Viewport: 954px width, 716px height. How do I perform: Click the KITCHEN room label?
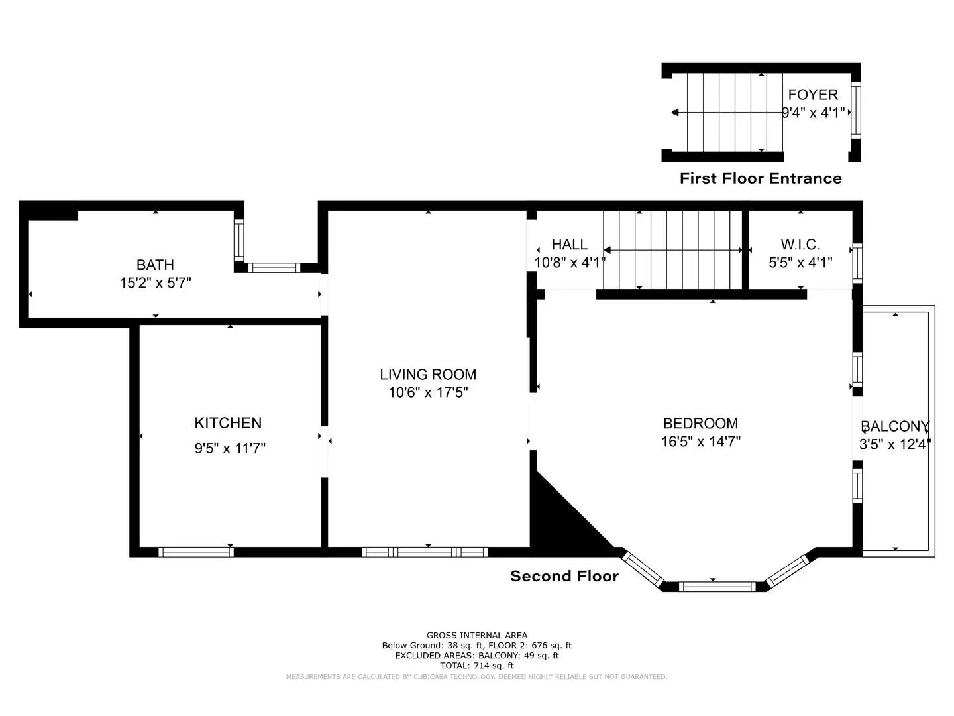pos(228,423)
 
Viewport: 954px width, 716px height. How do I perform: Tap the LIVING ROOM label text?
pos(428,375)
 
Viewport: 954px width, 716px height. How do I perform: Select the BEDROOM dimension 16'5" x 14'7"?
pos(700,442)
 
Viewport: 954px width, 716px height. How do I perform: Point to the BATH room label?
pos(155,265)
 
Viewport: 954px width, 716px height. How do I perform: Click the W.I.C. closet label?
pos(800,245)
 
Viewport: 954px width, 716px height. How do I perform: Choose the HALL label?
pos(569,245)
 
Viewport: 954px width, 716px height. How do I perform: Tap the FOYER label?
pos(813,95)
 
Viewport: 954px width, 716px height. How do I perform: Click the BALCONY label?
pos(894,426)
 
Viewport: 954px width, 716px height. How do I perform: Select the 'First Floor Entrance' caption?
pos(761,178)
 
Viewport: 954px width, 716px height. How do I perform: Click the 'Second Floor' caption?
pos(564,577)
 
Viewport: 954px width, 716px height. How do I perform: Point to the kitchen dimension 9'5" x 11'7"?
pos(230,449)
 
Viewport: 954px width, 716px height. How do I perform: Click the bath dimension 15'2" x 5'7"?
pos(155,284)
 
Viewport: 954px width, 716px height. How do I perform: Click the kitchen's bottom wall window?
pos(195,552)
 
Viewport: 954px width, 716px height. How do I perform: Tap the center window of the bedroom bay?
pos(717,586)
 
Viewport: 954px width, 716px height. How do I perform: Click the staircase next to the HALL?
pos(672,250)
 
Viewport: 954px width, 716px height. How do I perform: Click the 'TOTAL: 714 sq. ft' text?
pos(476,666)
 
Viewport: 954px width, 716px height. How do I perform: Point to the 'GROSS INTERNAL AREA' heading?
pos(476,635)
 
